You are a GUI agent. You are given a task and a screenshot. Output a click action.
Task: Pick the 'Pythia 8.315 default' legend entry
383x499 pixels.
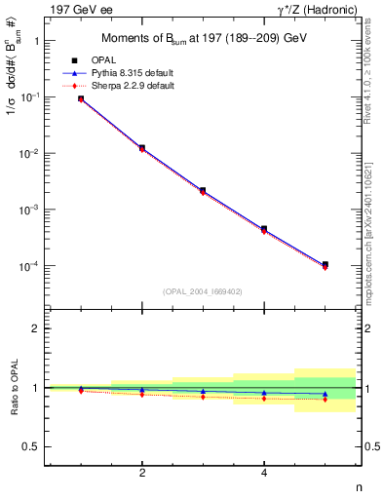146,73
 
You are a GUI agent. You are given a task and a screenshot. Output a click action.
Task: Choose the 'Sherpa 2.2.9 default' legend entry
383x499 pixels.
146,86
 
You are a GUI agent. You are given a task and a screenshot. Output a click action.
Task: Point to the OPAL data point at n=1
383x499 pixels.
81,98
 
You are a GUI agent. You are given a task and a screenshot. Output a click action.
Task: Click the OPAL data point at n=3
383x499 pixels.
203,190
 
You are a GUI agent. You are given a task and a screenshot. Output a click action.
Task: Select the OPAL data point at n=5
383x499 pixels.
325,264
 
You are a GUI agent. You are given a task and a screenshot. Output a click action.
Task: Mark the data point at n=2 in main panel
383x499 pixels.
142,148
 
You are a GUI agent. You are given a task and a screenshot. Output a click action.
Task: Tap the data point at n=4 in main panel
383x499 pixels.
264,229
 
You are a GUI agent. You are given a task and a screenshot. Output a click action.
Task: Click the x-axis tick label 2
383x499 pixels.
142,473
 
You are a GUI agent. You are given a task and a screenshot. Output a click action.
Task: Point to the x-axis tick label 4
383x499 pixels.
264,473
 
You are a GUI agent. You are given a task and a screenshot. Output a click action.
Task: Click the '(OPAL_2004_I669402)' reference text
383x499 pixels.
203,290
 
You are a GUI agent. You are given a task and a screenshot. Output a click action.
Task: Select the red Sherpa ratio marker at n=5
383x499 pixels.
325,400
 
